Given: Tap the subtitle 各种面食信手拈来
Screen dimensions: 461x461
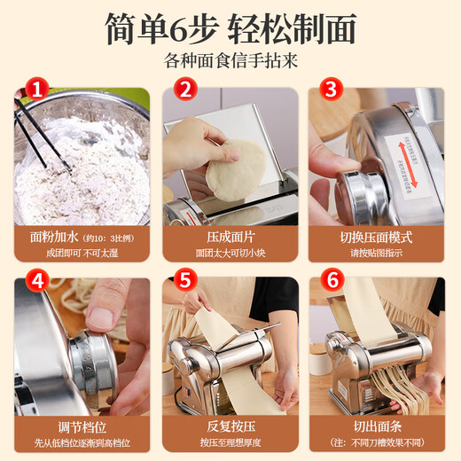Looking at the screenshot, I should [230, 63].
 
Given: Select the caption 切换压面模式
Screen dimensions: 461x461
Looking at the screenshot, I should [376, 237].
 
